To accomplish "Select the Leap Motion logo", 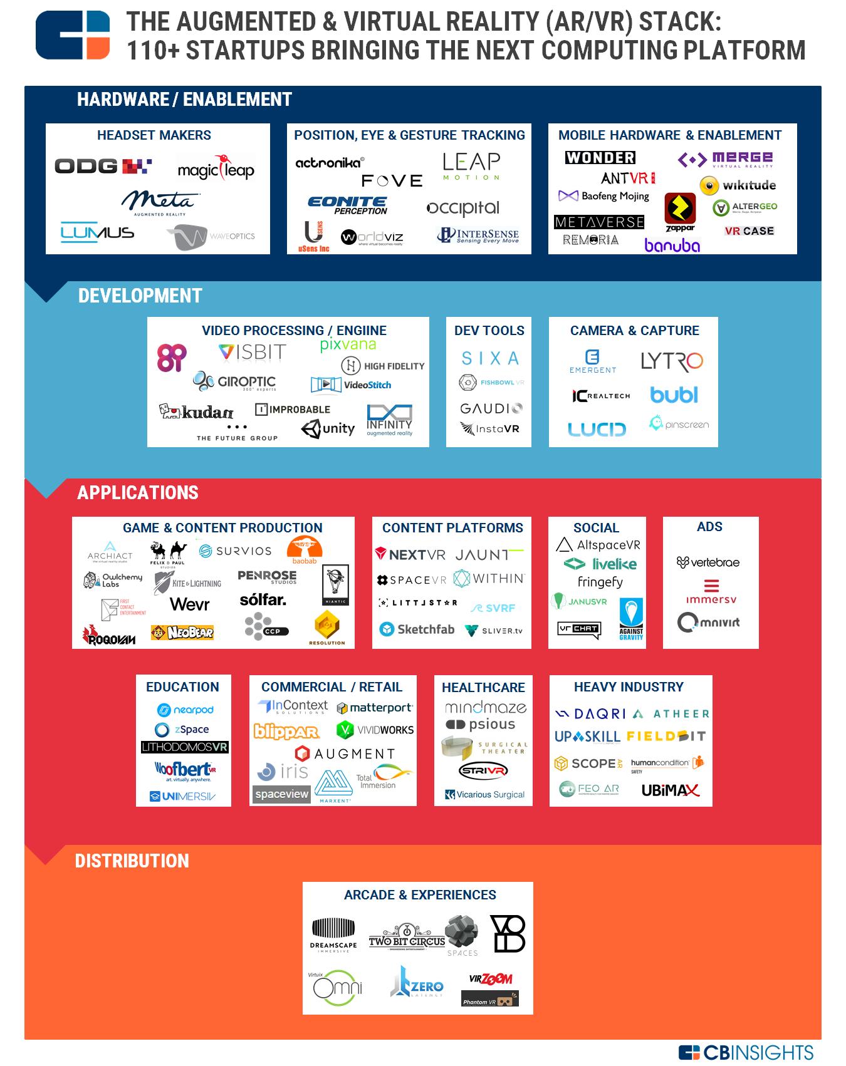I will coord(471,166).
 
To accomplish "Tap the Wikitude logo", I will coord(738,185).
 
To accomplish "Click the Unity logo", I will coord(328,429).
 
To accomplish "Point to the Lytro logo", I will coord(672,361).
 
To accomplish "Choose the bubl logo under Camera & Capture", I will coord(674,395).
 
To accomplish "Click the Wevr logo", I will coord(190,604).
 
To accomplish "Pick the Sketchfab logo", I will coord(417,629).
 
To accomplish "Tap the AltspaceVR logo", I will coord(598,545).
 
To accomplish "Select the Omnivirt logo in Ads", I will coord(709,623).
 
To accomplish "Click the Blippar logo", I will coord(286,732).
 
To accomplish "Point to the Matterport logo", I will coord(375,708).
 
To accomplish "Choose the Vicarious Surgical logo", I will coord(484,795).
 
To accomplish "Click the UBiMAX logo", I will coord(670,790).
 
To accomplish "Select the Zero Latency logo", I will coord(417,982).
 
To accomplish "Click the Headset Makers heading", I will coord(154,135).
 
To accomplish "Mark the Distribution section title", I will coord(132,861).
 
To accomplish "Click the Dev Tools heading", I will coord(489,331).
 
